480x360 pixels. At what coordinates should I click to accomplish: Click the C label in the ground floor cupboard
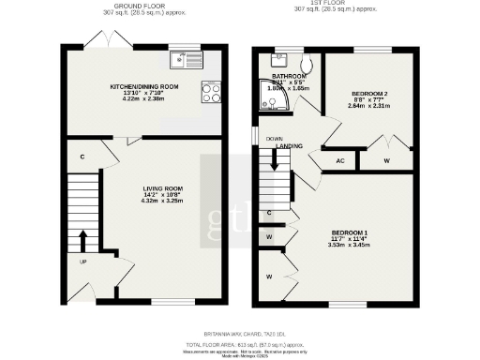(x=83, y=156)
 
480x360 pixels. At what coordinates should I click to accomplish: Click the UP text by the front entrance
(x=83, y=262)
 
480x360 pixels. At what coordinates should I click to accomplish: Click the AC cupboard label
(x=340, y=161)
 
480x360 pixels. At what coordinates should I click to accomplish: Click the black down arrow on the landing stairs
(x=275, y=158)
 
